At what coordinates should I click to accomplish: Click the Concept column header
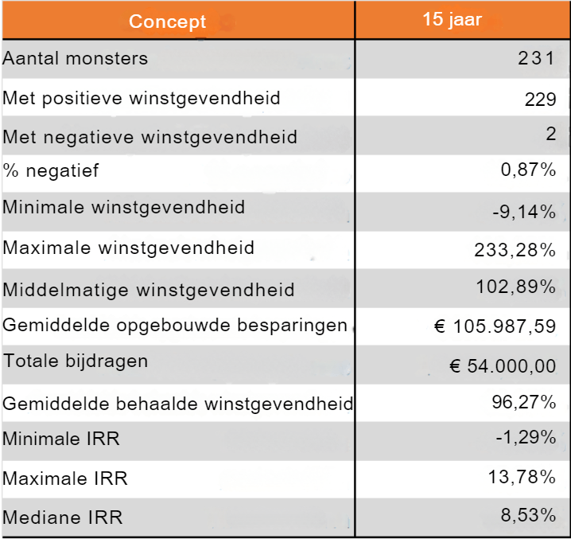[x=167, y=21]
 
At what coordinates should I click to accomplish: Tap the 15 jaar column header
[x=452, y=20]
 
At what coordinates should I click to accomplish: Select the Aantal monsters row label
[x=76, y=58]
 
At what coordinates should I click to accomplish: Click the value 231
[x=536, y=58]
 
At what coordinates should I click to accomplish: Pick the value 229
[x=539, y=99]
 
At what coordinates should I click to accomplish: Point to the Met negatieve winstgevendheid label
[x=150, y=137]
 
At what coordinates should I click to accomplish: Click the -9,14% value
[x=523, y=212]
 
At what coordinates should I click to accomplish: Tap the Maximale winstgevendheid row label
[x=129, y=248]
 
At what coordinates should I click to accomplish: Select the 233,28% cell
[x=515, y=250]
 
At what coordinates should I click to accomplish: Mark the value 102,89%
[x=515, y=287]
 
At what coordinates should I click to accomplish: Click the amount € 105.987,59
[x=495, y=326]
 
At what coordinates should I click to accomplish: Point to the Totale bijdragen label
[x=76, y=361]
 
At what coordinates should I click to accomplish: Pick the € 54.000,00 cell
[x=502, y=365]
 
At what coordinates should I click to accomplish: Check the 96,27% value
[x=523, y=402]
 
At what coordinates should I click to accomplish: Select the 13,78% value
[x=522, y=477]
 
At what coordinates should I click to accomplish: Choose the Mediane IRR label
[x=63, y=518]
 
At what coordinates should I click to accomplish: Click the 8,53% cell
[x=527, y=515]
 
